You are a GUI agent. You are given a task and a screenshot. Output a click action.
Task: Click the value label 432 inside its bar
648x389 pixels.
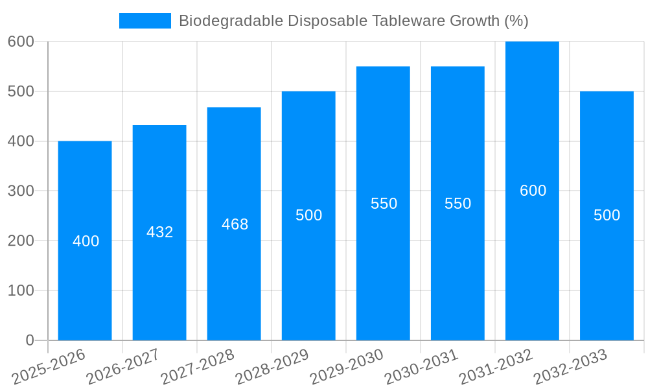click(x=160, y=232)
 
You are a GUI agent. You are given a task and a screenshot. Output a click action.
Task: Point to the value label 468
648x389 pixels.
click(x=235, y=224)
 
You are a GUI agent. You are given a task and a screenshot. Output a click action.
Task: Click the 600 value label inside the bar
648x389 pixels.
click(x=533, y=191)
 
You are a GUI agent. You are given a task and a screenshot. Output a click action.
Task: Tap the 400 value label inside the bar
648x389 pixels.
click(x=86, y=241)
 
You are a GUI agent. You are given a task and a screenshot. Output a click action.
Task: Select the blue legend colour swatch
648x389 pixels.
click(x=145, y=21)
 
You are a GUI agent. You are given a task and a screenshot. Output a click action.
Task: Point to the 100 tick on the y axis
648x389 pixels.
click(x=21, y=290)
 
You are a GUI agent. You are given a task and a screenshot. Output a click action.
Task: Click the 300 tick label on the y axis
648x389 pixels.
click(x=21, y=191)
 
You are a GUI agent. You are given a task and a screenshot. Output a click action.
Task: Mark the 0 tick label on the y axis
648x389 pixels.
click(x=30, y=340)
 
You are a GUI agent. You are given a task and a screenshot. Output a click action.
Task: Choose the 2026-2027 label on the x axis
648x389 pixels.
click(x=123, y=367)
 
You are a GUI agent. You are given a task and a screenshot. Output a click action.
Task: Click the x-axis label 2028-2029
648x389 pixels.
click(x=272, y=367)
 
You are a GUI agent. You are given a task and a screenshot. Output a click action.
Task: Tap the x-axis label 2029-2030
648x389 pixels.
click(x=347, y=367)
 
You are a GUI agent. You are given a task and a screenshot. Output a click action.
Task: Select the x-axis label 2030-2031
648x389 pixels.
click(x=421, y=367)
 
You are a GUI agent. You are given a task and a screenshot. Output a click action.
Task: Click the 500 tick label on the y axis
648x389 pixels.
click(x=21, y=91)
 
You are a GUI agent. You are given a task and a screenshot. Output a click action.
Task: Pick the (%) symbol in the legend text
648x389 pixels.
click(x=516, y=21)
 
